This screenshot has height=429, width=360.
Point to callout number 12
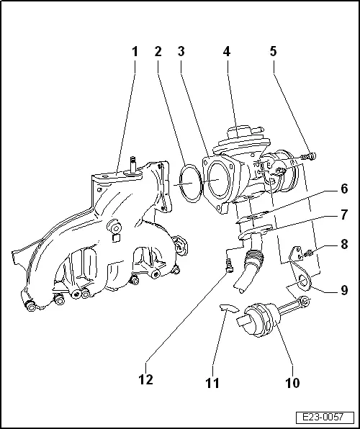click(146, 379)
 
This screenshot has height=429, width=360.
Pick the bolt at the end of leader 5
click(309, 155)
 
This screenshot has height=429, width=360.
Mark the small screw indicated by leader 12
click(230, 268)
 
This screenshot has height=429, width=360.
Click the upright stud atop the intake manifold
click(134, 164)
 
